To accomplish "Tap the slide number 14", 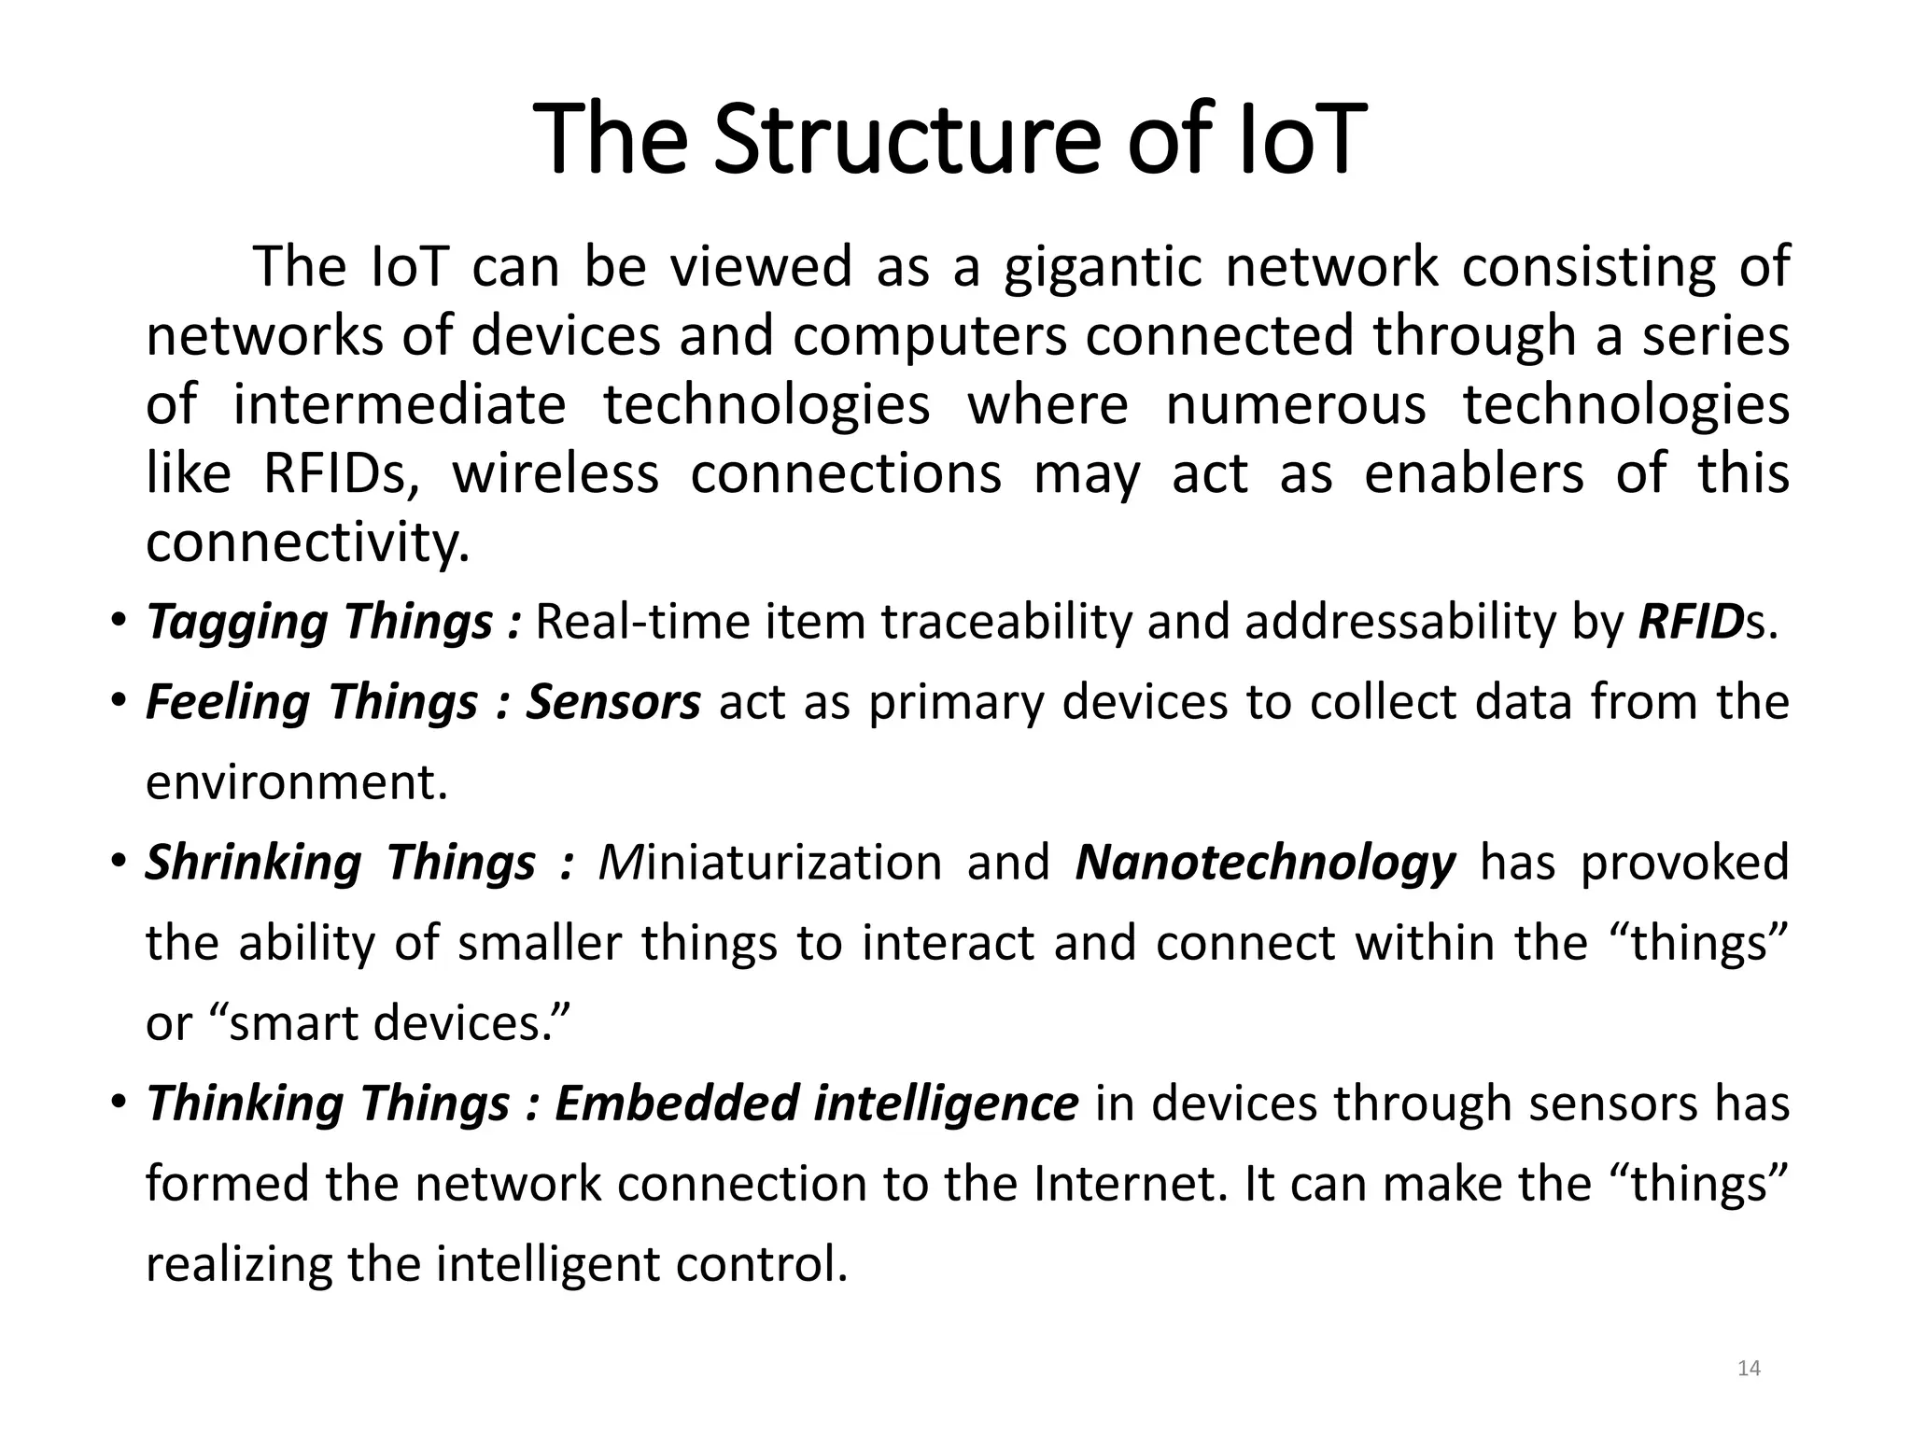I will pyautogui.click(x=1749, y=1369).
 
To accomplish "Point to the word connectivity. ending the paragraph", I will pyautogui.click(x=307, y=542).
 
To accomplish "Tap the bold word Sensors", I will pyautogui.click(x=612, y=702).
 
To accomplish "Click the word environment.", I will pyautogui.click(x=297, y=782).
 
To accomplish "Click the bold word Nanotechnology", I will pyautogui.click(x=1264, y=863).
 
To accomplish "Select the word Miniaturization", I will pyautogui.click(x=769, y=863).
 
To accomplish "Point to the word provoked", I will pyautogui.click(x=1683, y=863).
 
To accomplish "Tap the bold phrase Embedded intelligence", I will pyautogui.click(x=816, y=1104).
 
